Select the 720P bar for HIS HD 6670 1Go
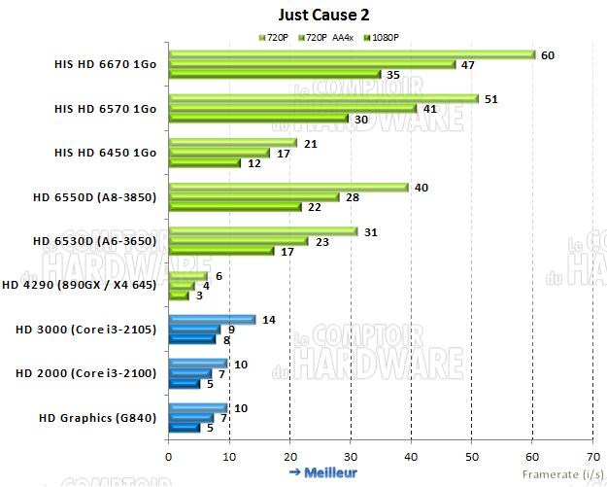coord(352,54)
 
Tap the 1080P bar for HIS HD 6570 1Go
coord(258,120)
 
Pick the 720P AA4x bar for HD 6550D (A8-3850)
coord(253,197)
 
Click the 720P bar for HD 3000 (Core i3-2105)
coord(212,319)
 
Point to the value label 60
coord(548,55)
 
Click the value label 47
coord(467,65)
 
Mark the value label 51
coord(490,99)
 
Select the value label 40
coord(422,188)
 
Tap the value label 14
coord(269,320)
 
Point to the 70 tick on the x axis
coord(592,455)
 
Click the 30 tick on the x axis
coord(351,455)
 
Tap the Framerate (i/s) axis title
coord(560,473)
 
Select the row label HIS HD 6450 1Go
coord(105,153)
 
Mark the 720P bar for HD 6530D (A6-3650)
coord(263,230)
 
